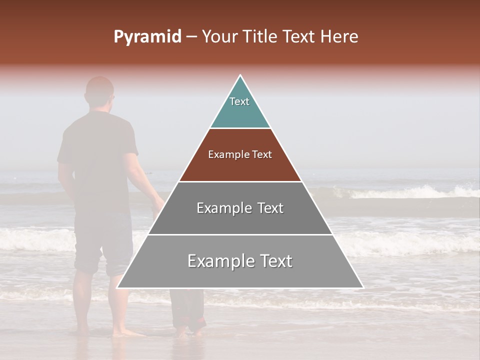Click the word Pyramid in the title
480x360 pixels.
(147, 37)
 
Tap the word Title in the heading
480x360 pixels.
(261, 37)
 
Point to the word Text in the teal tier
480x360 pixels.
(239, 101)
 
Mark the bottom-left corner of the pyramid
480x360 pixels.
(117, 288)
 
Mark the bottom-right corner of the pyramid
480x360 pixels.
(363, 288)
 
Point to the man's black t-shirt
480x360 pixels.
(97, 150)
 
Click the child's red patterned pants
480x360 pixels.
(188, 310)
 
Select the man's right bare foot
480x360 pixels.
(125, 332)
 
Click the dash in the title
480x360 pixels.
(191, 37)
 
